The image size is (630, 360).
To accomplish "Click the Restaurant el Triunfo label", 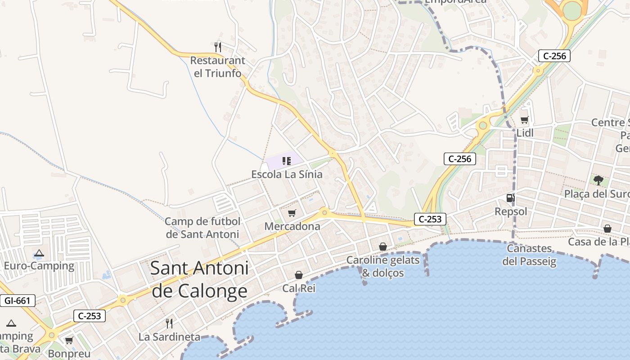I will (218, 67).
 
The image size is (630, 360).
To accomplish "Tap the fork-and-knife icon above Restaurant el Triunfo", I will (218, 46).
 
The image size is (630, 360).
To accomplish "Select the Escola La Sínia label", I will (287, 174).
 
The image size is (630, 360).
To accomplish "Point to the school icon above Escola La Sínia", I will (287, 161).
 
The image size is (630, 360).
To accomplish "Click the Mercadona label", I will (292, 226).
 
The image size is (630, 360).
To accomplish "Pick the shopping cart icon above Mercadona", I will (292, 212).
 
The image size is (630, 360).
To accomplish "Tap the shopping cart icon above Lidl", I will (524, 120).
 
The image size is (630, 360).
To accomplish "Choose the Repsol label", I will (511, 211).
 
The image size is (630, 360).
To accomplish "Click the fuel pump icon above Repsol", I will (510, 198).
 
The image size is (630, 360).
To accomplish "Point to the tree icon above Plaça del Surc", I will (598, 180).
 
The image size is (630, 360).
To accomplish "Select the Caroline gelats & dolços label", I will (383, 266).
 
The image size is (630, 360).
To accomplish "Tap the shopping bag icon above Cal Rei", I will (299, 274).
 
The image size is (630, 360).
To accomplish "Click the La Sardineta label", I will (169, 337).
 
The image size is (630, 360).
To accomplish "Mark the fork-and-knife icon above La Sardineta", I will (169, 323).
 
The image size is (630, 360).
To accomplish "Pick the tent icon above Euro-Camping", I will (39, 253).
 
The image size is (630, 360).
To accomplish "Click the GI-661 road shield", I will (18, 301).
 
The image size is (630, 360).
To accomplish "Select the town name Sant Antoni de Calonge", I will (199, 279).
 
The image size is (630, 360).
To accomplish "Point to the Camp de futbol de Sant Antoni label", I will (202, 228).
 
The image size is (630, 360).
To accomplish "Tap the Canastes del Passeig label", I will (529, 255).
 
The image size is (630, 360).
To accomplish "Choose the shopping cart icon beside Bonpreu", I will (69, 340).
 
